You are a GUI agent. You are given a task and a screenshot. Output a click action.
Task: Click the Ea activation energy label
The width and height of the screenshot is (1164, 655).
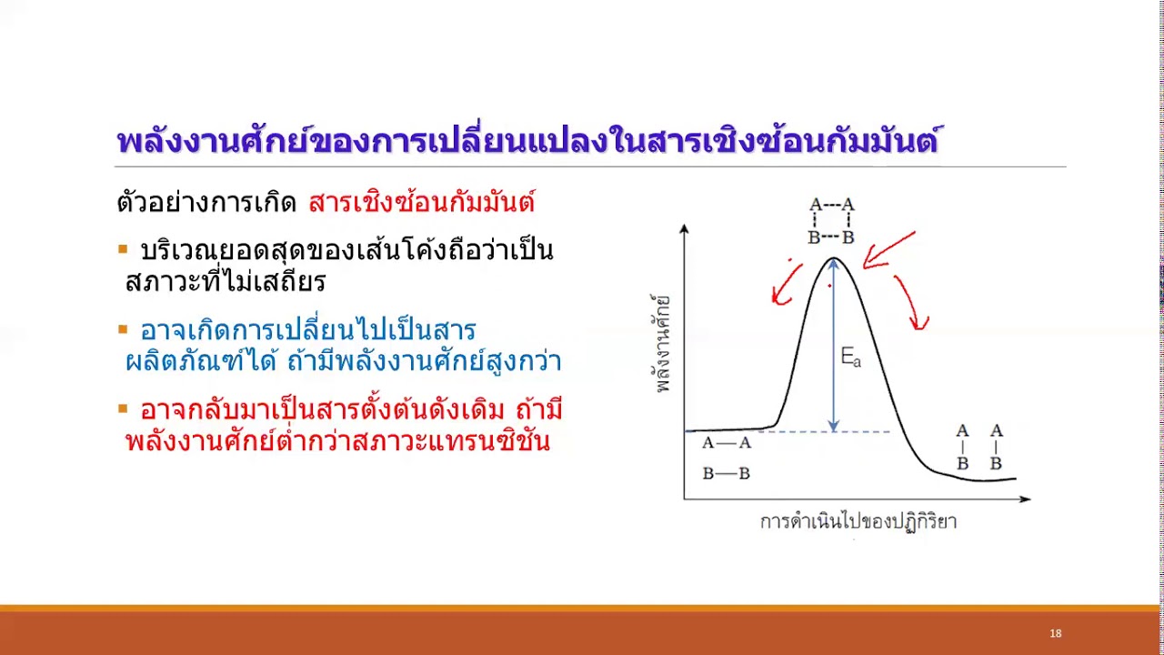[850, 358]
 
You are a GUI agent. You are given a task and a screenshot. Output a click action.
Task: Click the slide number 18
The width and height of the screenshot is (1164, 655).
[1055, 633]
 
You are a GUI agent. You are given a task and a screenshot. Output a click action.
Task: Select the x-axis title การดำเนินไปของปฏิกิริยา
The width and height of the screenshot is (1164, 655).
[858, 522]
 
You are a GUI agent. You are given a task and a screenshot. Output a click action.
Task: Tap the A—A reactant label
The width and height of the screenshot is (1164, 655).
[727, 443]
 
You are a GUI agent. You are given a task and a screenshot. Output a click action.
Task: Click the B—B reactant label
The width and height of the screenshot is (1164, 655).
[727, 474]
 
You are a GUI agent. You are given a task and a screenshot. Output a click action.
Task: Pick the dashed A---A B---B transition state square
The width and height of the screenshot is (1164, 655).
[831, 221]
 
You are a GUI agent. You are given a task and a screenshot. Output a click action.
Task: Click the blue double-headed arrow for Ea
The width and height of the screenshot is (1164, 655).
[833, 346]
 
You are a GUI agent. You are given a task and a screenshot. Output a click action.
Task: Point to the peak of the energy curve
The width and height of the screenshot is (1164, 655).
[833, 259]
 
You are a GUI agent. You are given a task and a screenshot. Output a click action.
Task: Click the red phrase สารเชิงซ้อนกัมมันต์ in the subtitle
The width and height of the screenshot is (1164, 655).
[421, 202]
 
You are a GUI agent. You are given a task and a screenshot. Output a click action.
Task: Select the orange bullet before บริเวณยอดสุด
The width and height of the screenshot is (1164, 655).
[123, 248]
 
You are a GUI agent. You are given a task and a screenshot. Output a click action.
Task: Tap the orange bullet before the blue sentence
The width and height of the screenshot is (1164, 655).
[123, 328]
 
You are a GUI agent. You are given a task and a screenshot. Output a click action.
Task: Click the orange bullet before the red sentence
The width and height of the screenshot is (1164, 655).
[123, 409]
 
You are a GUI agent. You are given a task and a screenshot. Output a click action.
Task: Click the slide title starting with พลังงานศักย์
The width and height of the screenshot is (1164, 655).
[527, 142]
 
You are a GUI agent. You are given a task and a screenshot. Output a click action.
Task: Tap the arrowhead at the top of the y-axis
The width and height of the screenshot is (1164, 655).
[684, 228]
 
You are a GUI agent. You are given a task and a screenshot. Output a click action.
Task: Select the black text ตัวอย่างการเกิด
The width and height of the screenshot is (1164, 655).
[207, 202]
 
